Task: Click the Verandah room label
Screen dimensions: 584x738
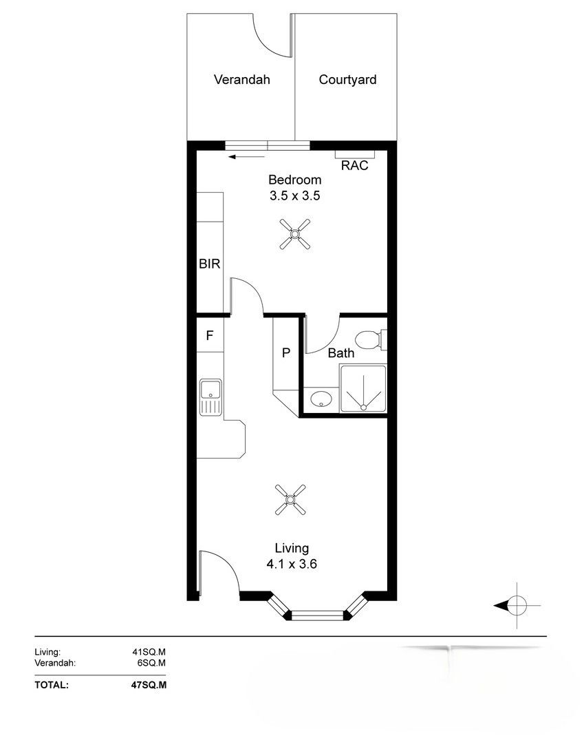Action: click(x=241, y=79)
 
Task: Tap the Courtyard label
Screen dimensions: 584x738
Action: click(x=347, y=80)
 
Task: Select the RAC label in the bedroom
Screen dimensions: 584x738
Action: click(x=354, y=166)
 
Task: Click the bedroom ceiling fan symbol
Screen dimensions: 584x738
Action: click(x=295, y=233)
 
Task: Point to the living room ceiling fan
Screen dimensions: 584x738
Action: click(x=290, y=499)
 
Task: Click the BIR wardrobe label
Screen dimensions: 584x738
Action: click(x=210, y=264)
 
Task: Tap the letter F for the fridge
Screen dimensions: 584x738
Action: click(x=210, y=335)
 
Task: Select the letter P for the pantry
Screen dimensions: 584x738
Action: click(x=286, y=352)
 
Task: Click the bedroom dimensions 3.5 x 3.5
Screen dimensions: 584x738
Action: click(x=295, y=196)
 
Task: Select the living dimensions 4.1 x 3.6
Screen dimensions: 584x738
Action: click(x=292, y=563)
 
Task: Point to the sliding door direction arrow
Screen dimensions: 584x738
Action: click(x=246, y=156)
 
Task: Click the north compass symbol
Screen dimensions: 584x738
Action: click(x=517, y=605)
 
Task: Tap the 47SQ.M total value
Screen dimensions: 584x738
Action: click(x=149, y=685)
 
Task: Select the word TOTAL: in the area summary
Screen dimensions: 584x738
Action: click(x=52, y=685)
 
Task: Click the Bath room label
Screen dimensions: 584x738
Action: click(x=341, y=353)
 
